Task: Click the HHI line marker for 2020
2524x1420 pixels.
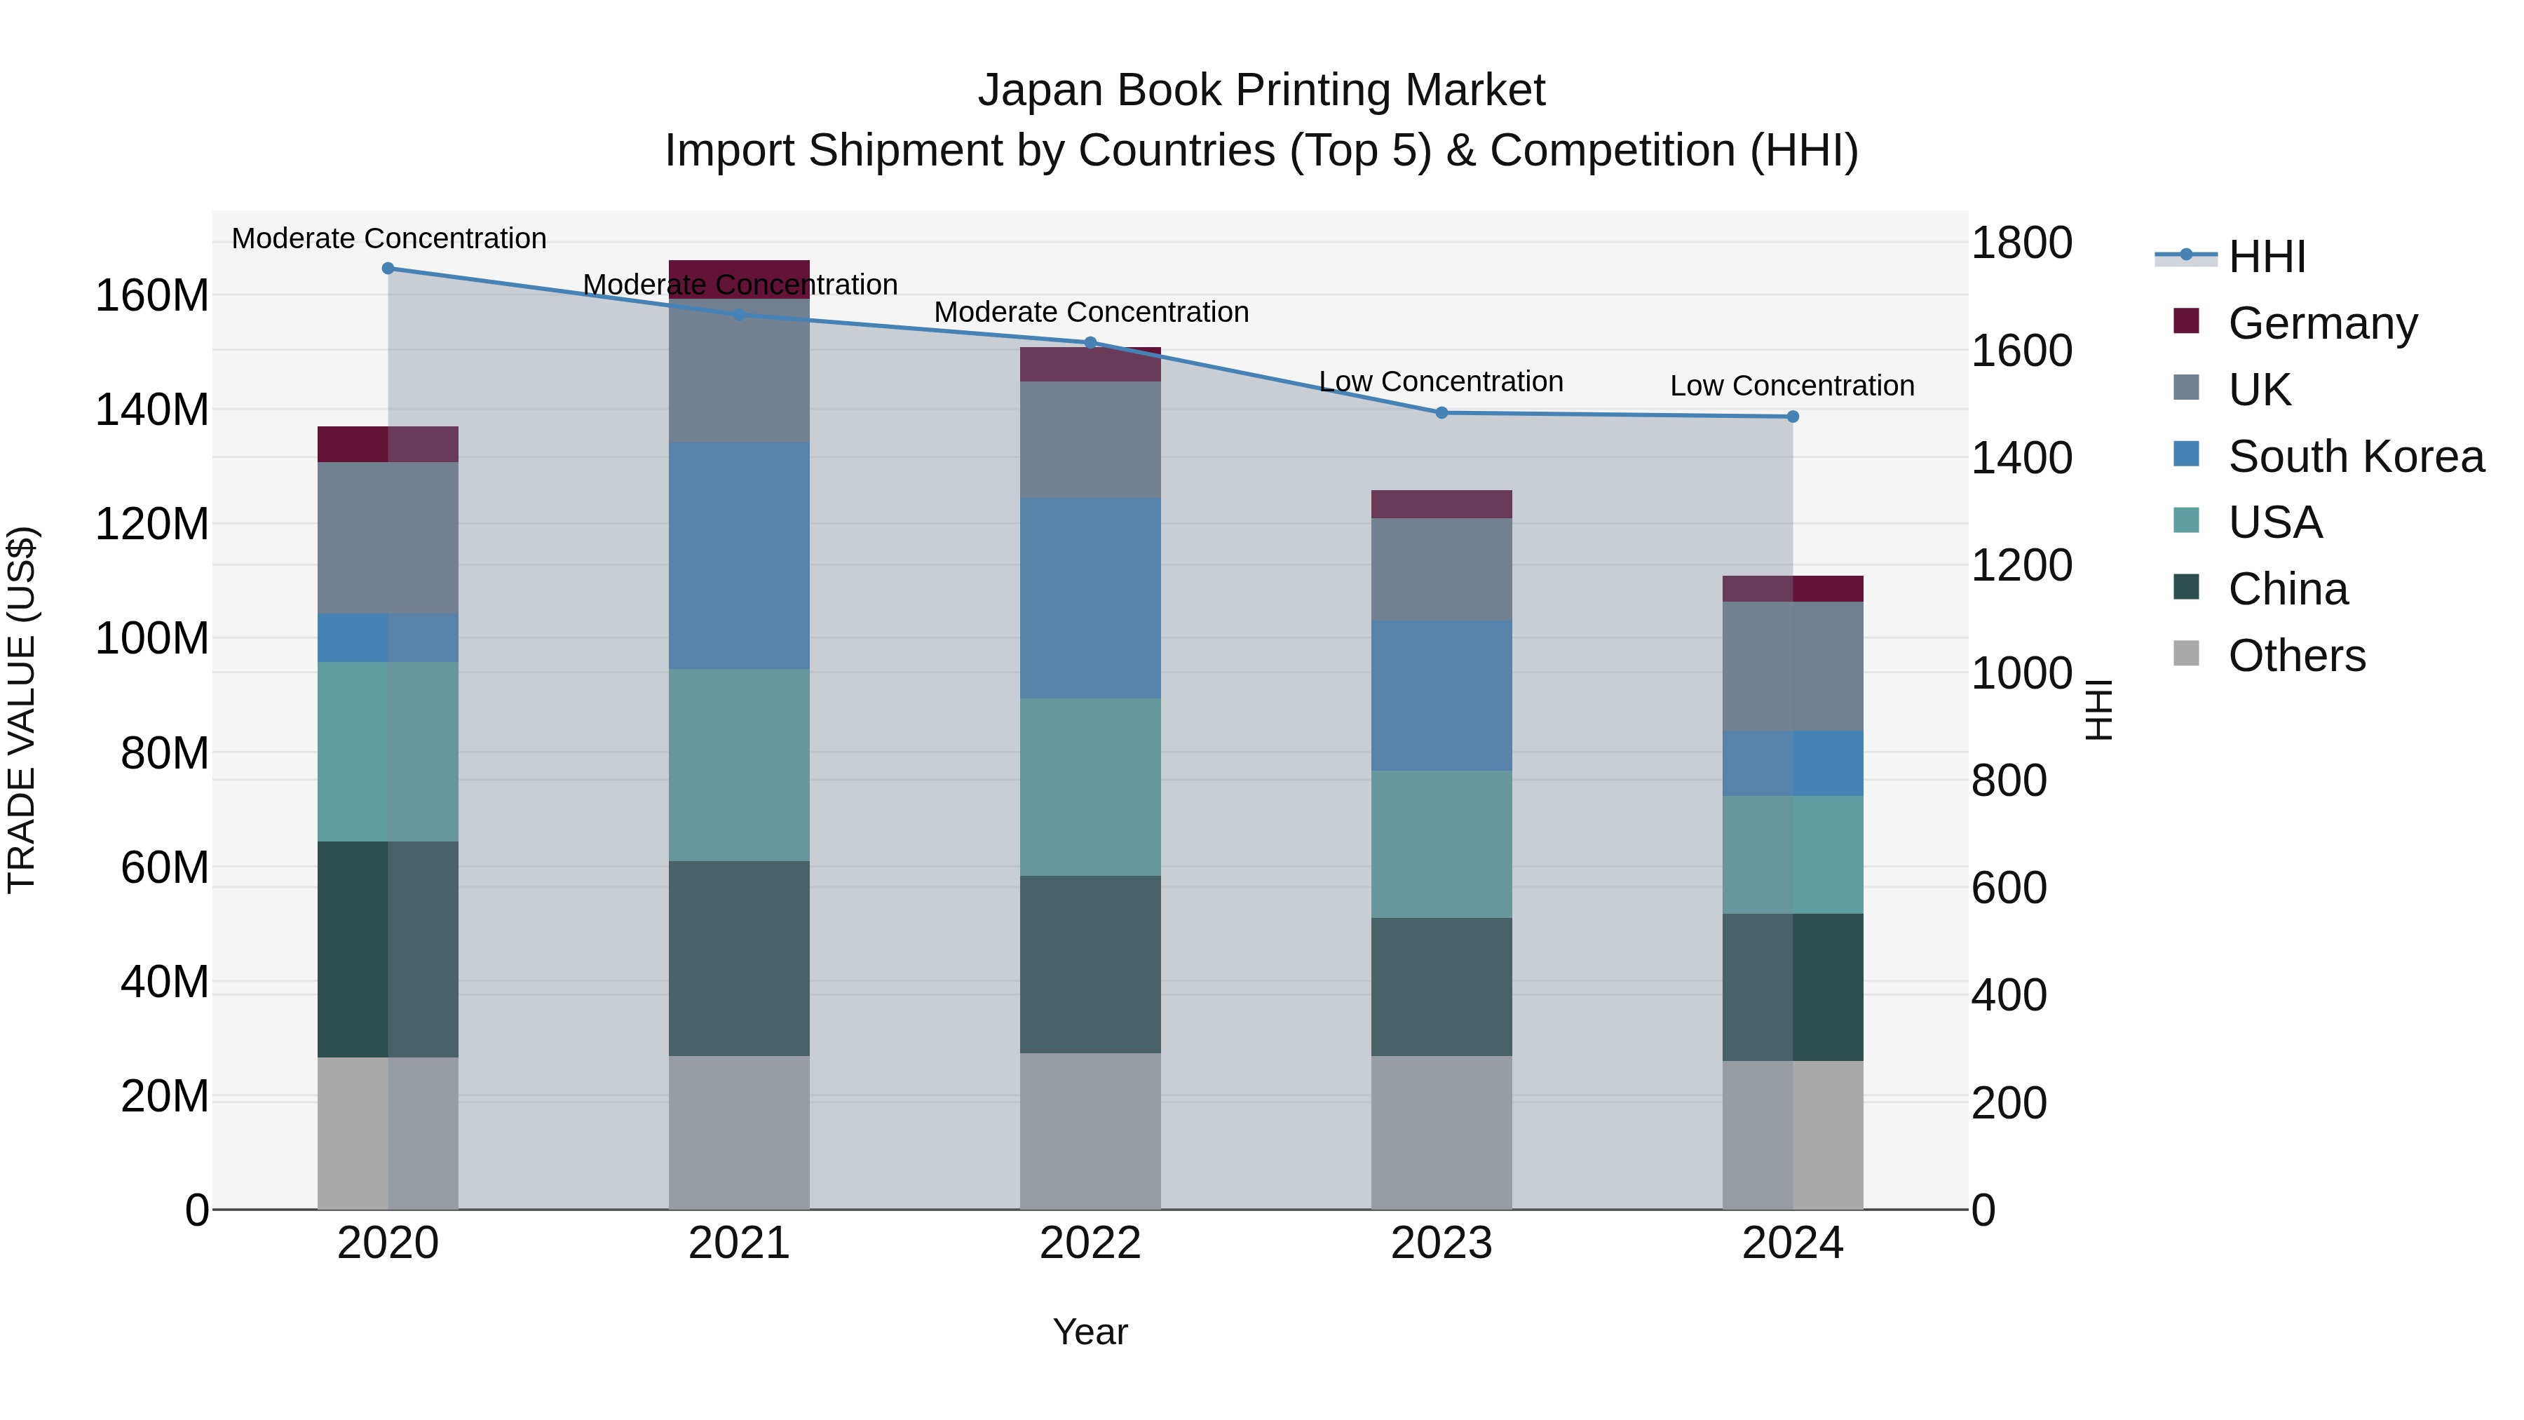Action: pyautogui.click(x=388, y=269)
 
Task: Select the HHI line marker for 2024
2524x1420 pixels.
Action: pyautogui.click(x=1793, y=417)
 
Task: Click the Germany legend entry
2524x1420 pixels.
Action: pyautogui.click(x=2322, y=323)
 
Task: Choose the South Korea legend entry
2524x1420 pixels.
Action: pyautogui.click(x=2356, y=457)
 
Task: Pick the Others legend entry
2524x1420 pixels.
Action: pyautogui.click(x=2297, y=656)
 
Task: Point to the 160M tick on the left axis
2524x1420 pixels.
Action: pyautogui.click(x=152, y=296)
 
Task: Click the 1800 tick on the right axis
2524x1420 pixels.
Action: pyautogui.click(x=2021, y=243)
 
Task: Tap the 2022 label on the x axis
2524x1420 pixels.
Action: pyautogui.click(x=1090, y=1243)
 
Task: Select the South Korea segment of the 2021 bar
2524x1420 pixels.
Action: pyautogui.click(x=739, y=555)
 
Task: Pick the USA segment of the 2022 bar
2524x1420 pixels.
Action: pyautogui.click(x=1090, y=787)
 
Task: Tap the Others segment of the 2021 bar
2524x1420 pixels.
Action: pyautogui.click(x=739, y=1132)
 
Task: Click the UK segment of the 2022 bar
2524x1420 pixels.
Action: pyautogui.click(x=1090, y=440)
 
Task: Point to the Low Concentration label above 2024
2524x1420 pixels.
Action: pyautogui.click(x=1792, y=386)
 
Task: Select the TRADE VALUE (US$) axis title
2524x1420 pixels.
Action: pyautogui.click(x=22, y=710)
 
